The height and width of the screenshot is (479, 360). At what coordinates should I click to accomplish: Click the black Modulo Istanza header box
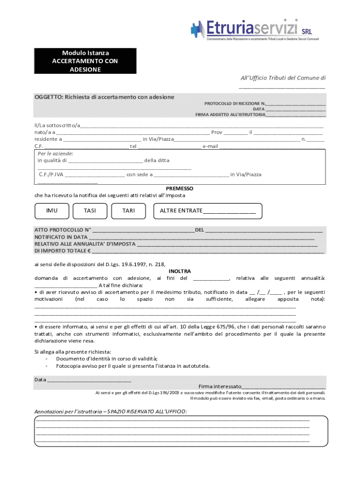point(85,61)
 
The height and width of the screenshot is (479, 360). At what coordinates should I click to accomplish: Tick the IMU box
point(52,211)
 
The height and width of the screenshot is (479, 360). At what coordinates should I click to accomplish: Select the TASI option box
point(90,211)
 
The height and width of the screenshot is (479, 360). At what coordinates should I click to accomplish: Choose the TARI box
point(128,211)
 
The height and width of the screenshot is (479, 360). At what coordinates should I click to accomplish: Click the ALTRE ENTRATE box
point(208,211)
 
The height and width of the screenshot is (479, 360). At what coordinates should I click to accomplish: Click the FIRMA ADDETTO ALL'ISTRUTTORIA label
point(230,114)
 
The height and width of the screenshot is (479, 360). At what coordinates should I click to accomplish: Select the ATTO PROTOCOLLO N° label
point(63,230)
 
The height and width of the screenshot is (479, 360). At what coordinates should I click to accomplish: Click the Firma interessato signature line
point(283,386)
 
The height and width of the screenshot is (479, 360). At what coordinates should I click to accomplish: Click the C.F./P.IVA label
point(51,174)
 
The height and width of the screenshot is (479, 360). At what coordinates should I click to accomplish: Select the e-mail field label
point(210,146)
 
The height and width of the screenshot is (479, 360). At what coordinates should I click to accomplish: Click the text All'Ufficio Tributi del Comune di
point(283,78)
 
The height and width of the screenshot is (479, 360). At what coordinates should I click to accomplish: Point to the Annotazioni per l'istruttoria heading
point(110,412)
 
